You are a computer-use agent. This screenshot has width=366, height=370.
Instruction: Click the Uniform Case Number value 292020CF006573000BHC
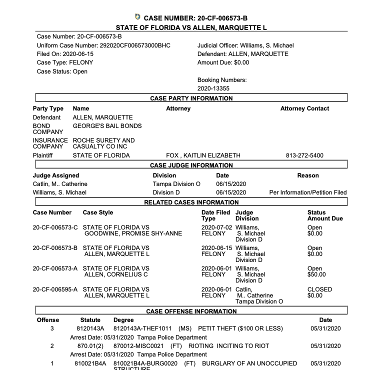(135, 45)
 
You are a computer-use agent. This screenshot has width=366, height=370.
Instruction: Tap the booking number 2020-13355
(213, 88)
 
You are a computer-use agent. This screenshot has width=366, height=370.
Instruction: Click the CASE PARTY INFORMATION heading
(191, 98)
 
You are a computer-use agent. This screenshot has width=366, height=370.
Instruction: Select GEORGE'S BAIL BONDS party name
(107, 126)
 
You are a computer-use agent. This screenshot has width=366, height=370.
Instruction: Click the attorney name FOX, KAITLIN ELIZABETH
(203, 155)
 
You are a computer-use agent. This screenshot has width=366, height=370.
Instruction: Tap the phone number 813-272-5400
(304, 155)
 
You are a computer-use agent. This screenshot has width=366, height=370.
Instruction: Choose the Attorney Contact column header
(304, 108)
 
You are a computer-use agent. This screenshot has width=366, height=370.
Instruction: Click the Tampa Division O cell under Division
(176, 184)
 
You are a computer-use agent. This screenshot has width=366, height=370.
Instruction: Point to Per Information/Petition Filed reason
(307, 192)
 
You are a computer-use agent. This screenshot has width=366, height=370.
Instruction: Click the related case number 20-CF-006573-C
(55, 228)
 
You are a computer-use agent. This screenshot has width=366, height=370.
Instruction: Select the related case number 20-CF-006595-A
(55, 289)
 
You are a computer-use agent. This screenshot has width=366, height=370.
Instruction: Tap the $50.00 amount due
(316, 274)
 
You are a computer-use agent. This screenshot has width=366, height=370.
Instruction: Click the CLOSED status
(319, 289)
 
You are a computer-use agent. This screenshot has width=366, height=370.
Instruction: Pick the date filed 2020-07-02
(217, 228)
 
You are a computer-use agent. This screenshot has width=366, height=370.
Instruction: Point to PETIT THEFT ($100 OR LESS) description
(240, 328)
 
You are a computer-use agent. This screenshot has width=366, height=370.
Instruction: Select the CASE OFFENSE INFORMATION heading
(191, 311)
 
